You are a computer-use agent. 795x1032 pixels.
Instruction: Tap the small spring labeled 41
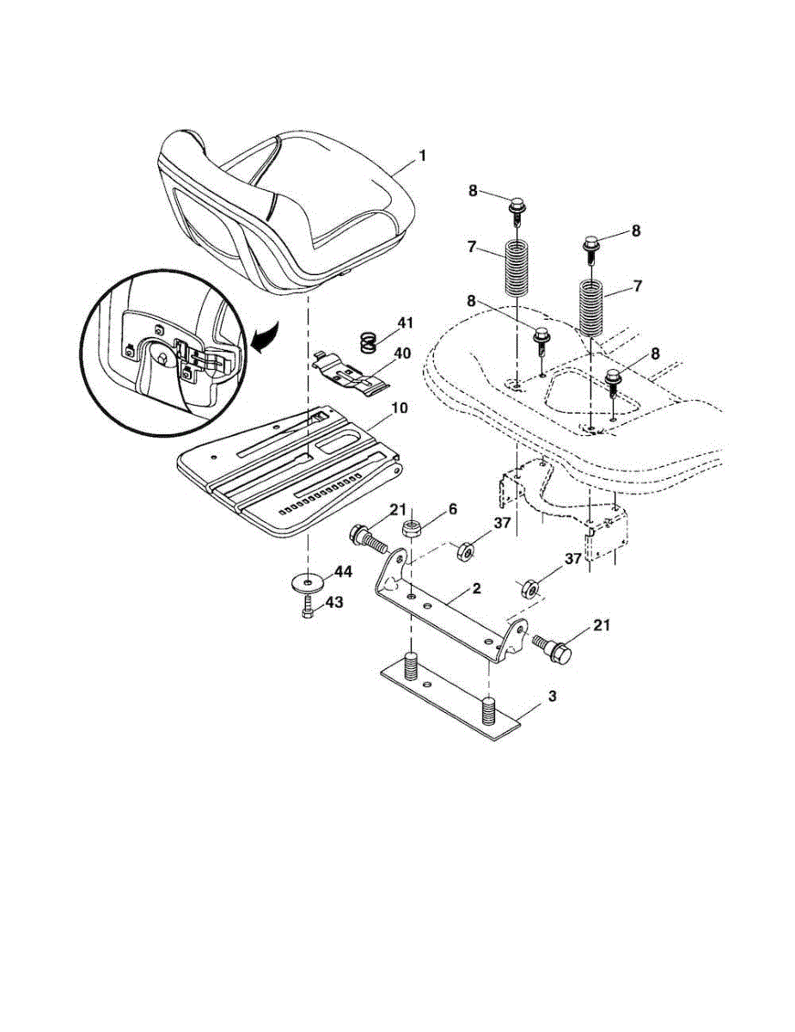pos(367,342)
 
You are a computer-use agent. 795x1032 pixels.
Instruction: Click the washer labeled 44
pos(307,584)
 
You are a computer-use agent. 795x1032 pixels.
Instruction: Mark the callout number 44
pos(343,571)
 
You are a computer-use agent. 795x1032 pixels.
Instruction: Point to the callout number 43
pos(333,604)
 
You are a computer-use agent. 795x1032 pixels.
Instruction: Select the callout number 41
pos(405,322)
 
